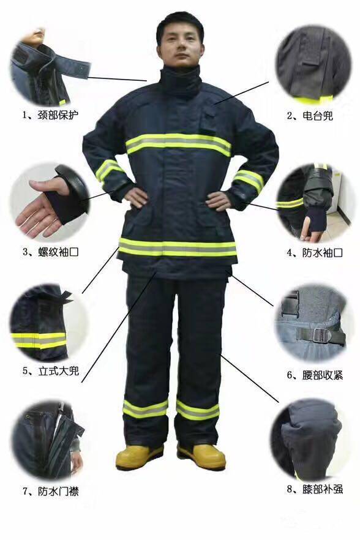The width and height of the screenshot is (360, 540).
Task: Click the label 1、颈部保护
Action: [x=51, y=114]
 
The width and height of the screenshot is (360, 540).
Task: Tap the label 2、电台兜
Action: [x=310, y=115]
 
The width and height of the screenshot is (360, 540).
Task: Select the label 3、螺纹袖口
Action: [x=51, y=251]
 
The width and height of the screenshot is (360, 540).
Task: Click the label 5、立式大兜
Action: [x=51, y=370]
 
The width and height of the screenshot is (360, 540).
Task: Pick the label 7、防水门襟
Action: [x=51, y=490]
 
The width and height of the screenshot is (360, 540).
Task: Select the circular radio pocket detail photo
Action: [x=309, y=65]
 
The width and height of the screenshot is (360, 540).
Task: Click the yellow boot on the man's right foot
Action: [x=140, y=456]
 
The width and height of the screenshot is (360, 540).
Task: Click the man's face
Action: [x=180, y=45]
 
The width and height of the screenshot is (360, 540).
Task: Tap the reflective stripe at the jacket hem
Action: [x=178, y=247]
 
